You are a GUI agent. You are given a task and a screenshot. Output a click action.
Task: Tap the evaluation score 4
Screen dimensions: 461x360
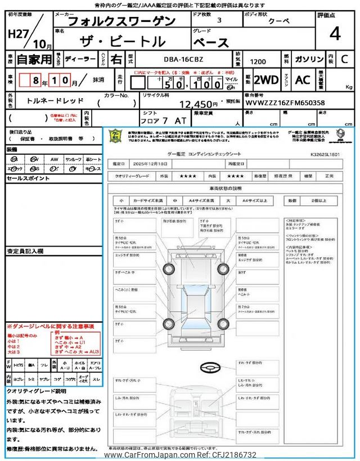pos(335,34)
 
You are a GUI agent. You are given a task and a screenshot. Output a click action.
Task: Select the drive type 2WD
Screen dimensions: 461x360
pos(265,80)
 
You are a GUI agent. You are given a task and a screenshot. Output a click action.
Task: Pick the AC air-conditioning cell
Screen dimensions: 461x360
pos(303,80)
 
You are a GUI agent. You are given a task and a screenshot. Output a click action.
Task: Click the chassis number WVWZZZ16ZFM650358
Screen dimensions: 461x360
pos(285,104)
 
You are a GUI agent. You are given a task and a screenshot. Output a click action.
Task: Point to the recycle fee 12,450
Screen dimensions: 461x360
pos(198,104)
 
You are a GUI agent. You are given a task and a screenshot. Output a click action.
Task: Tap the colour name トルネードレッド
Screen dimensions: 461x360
pos(56,101)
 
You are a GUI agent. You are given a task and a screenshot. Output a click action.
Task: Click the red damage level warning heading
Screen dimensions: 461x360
pos(50,326)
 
